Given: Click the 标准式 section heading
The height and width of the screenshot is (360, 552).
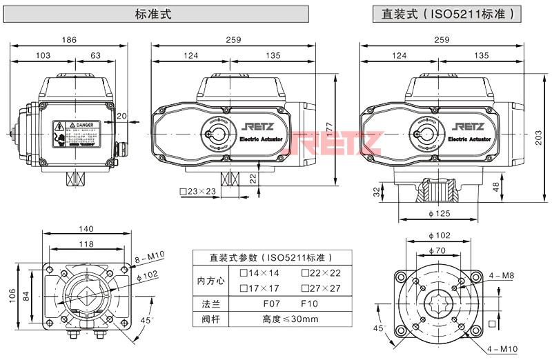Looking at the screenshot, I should [152, 14].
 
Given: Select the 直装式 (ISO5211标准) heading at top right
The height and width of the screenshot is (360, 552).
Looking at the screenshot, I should [453, 14].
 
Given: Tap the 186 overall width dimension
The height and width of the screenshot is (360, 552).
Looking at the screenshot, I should [69, 40].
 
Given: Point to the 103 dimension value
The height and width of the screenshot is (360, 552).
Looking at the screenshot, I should [43, 55].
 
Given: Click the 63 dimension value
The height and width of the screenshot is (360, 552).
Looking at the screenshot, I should [95, 55].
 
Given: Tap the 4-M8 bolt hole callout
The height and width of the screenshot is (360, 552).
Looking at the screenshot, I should [501, 276].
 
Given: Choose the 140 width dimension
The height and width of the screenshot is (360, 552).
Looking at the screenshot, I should [86, 229].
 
